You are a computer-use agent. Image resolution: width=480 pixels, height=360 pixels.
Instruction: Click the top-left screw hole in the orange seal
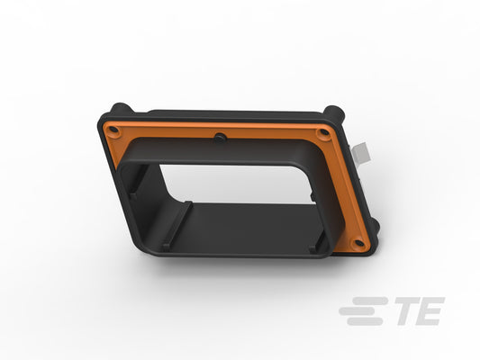[x=113, y=130]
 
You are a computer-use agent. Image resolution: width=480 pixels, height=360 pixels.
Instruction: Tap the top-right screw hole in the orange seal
[x=324, y=132]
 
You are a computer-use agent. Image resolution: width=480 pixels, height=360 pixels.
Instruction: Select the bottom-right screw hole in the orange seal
[x=359, y=243]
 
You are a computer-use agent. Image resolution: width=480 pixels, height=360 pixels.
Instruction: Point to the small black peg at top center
[x=220, y=138]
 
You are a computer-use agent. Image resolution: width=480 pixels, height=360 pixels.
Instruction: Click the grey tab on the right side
[x=361, y=154]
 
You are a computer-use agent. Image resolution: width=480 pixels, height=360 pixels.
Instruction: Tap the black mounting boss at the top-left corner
[x=121, y=108]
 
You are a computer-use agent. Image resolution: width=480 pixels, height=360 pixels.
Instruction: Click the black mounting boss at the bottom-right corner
[x=376, y=226]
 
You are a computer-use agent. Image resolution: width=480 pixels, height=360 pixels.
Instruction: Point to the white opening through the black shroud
[x=236, y=184]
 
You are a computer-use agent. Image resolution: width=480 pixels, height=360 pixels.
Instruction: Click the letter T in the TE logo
[x=408, y=310]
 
